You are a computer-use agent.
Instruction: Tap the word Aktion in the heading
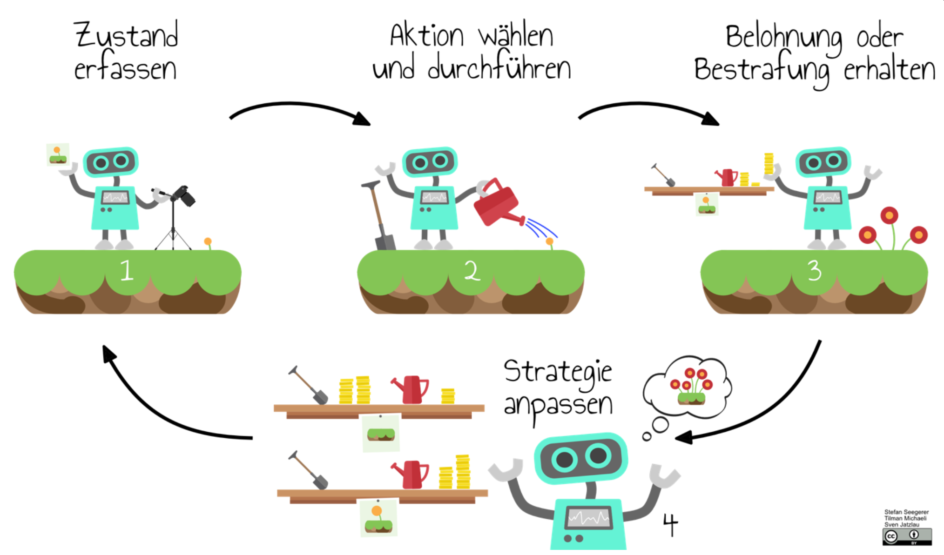(426, 36)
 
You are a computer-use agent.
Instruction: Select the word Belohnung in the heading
(784, 38)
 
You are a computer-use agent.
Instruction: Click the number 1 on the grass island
(127, 270)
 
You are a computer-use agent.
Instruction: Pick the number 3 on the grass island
(814, 270)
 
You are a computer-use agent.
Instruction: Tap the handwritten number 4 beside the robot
(670, 524)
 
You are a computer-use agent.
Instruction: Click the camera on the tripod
(185, 195)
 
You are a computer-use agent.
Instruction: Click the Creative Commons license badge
(907, 536)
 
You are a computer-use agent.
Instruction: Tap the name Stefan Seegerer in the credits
(906, 512)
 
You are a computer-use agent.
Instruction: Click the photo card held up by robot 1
(58, 154)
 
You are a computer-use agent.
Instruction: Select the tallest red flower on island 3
(889, 216)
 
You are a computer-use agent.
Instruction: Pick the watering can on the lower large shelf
(411, 475)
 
